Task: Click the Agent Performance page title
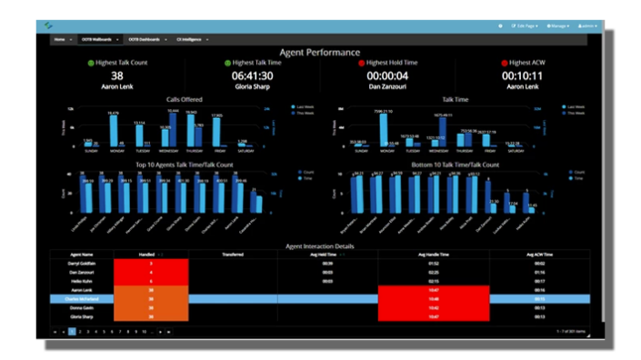point(319,53)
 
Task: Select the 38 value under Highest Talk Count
point(117,76)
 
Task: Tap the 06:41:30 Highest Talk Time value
point(252,76)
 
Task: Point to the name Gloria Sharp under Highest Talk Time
point(252,87)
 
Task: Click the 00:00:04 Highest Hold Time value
point(387,76)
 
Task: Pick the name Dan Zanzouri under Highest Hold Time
point(387,87)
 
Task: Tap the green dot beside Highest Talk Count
point(90,64)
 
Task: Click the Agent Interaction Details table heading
point(319,246)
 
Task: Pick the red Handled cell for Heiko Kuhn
point(151,281)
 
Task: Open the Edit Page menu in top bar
point(525,25)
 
